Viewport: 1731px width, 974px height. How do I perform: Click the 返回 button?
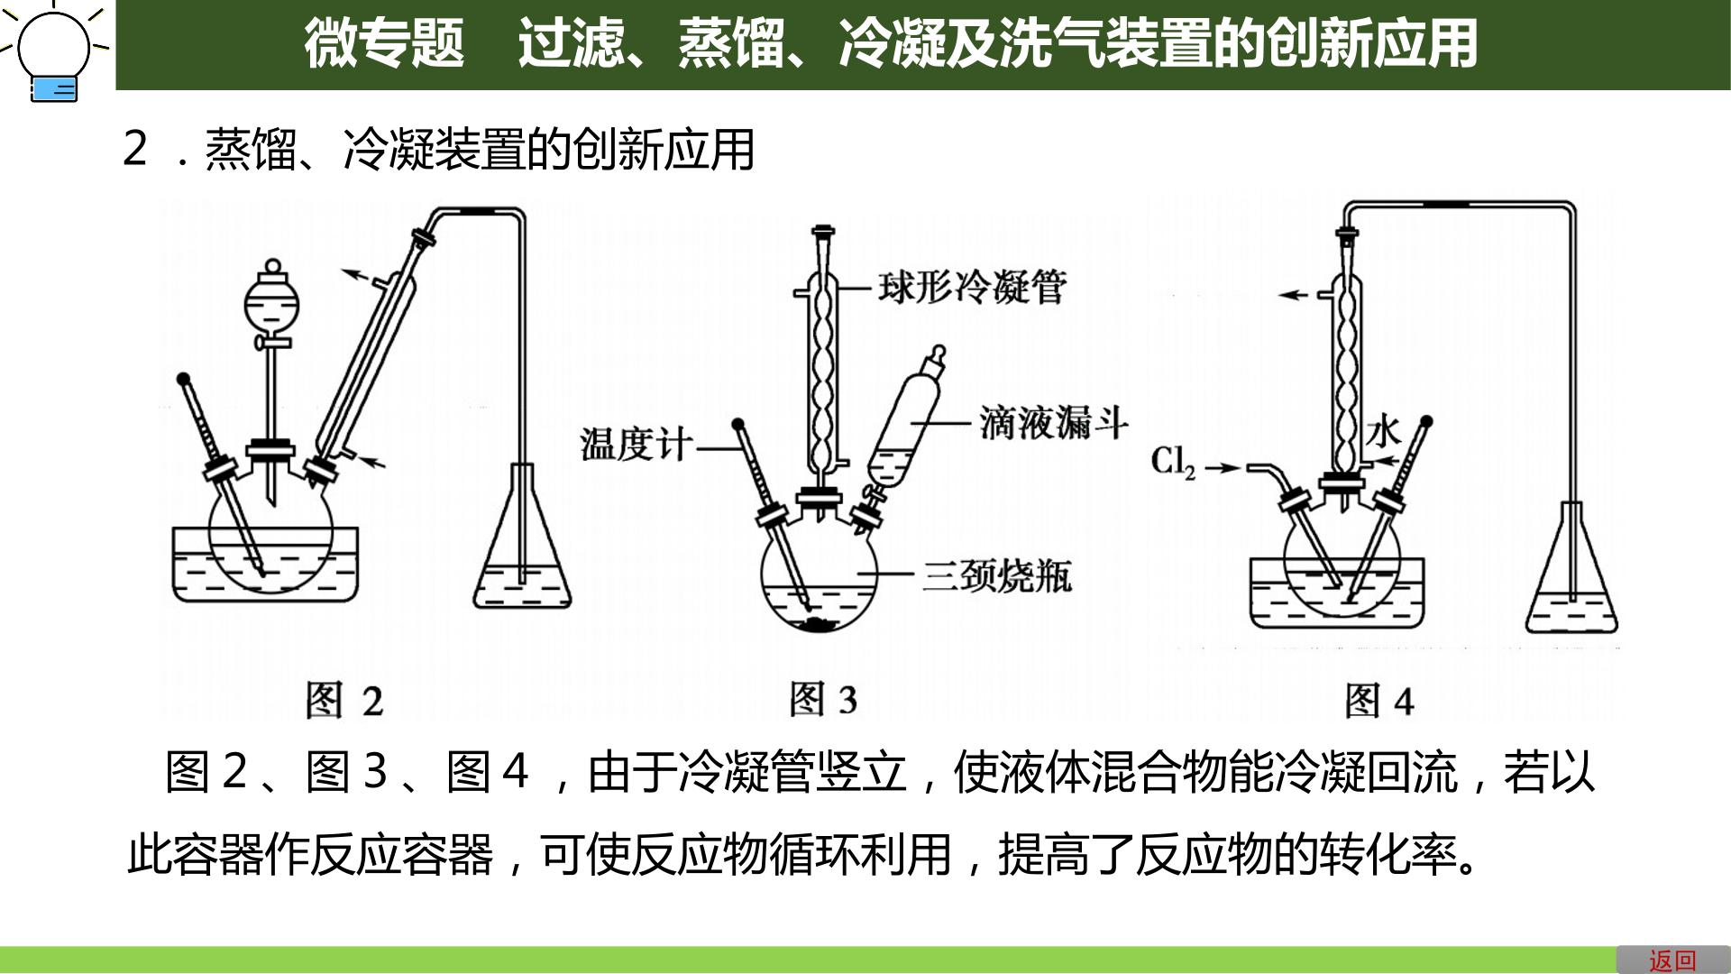(x=1673, y=960)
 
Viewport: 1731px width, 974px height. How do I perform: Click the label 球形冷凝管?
(x=973, y=288)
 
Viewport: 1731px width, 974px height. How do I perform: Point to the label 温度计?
(x=637, y=445)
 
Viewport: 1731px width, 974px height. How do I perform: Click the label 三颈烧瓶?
(x=997, y=574)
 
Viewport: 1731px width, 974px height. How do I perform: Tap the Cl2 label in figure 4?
(x=1173, y=463)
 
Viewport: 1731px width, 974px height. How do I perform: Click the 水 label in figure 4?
(x=1382, y=433)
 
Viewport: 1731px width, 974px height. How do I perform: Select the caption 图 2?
(x=344, y=700)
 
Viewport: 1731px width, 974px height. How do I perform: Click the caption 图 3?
(x=823, y=699)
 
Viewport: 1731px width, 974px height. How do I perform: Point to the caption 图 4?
(x=1378, y=701)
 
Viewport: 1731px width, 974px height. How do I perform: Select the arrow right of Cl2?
(x=1223, y=467)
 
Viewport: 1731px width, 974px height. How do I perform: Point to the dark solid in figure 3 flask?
(x=820, y=624)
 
